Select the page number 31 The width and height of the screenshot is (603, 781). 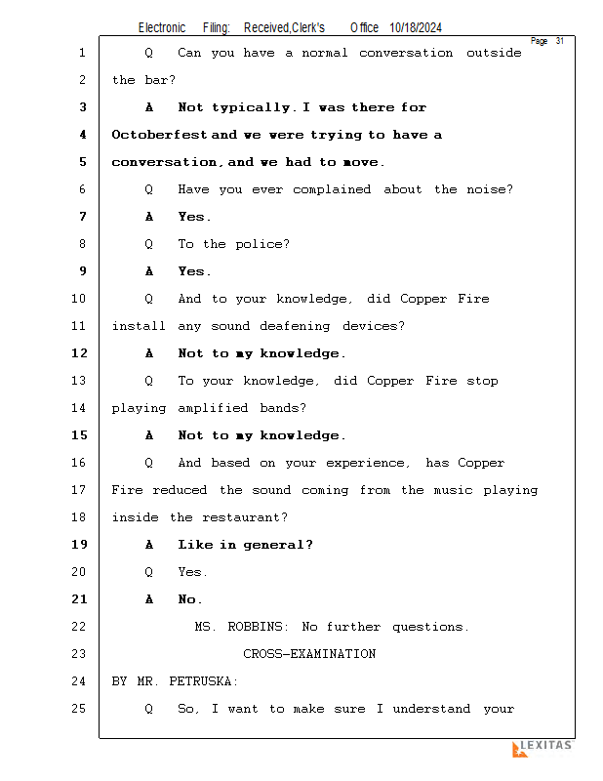pyautogui.click(x=560, y=41)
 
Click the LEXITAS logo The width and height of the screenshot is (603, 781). pyautogui.click(x=543, y=748)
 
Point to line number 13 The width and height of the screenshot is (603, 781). pyautogui.click(x=79, y=381)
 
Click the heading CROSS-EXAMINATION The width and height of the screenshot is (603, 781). pyautogui.click(x=309, y=654)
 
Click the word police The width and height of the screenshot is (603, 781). pyautogui.click(x=261, y=244)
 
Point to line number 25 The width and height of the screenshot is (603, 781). pyautogui.click(x=79, y=709)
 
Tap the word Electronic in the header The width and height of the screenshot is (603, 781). pyautogui.click(x=162, y=28)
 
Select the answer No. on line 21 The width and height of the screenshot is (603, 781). pyautogui.click(x=190, y=599)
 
